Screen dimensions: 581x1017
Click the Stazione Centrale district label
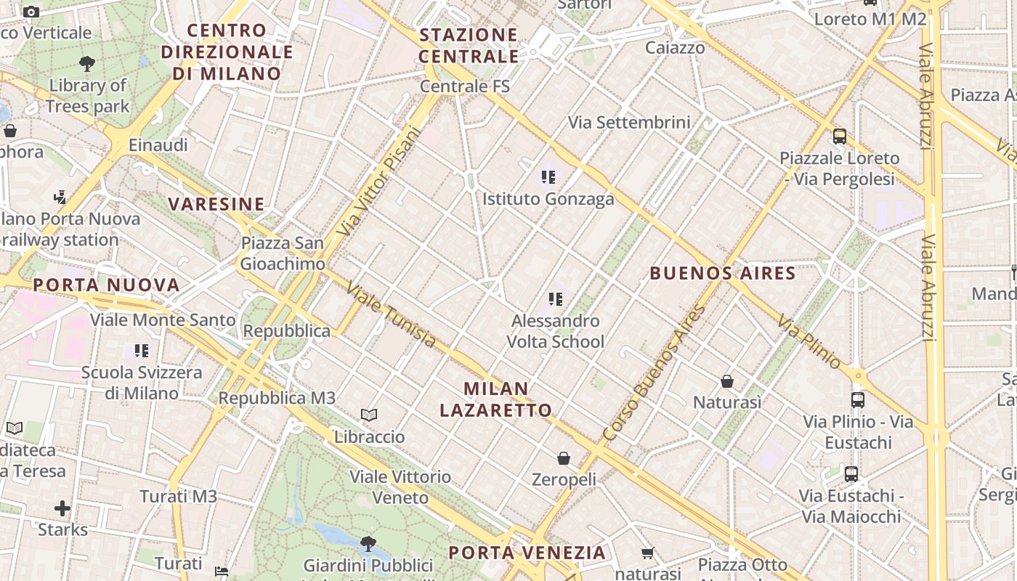[469, 45]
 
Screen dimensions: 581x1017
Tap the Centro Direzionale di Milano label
[227, 52]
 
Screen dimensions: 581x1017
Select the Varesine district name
[216, 204]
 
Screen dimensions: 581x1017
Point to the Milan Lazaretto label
[495, 399]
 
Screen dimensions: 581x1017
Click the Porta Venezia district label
[527, 553]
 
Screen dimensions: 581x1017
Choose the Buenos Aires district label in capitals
[722, 274]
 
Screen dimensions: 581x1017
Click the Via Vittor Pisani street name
[379, 182]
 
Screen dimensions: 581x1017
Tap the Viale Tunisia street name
[391, 314]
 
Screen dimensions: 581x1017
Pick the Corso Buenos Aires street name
[654, 373]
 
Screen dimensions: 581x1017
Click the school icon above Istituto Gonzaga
[548, 176]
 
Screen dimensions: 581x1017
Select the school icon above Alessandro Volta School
[556, 298]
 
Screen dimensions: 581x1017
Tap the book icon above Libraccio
[369, 415]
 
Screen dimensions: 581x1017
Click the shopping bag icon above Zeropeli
[564, 458]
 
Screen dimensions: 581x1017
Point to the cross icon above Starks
[62, 508]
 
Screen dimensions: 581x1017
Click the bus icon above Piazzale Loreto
[839, 136]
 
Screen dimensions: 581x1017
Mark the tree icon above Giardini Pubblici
[368, 543]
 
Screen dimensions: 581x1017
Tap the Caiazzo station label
[675, 48]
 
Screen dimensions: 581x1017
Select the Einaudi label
[158, 145]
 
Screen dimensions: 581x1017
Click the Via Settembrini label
[629, 122]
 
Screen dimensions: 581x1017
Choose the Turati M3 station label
[178, 497]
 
